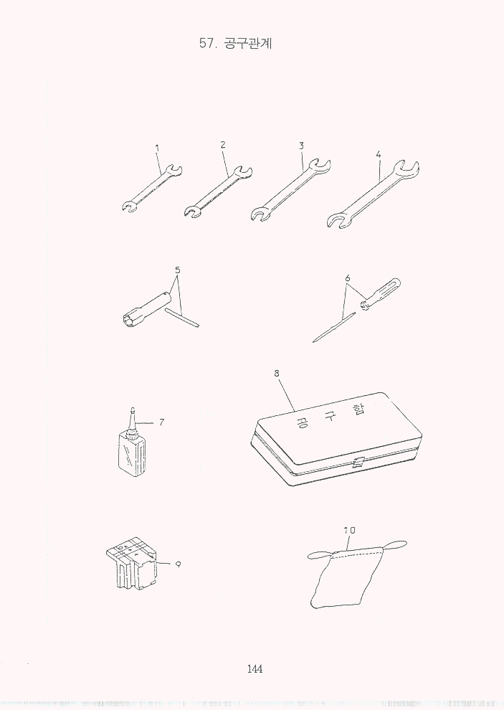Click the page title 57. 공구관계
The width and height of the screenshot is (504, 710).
(235, 44)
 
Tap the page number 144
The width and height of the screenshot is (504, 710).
(255, 668)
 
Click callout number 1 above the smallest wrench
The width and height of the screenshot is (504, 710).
(157, 147)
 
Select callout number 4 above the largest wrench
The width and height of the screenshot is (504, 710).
(378, 154)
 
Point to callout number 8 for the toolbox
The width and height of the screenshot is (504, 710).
(277, 373)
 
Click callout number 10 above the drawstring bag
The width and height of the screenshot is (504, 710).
(349, 530)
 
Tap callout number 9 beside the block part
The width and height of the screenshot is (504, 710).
(178, 564)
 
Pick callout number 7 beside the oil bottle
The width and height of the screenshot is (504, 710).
(161, 422)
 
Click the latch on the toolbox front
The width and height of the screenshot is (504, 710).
(358, 463)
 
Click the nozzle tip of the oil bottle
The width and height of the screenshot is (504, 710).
(133, 409)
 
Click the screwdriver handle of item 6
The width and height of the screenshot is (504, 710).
(381, 294)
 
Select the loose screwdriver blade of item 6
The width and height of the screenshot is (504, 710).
(333, 327)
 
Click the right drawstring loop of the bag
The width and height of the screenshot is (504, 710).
(394, 545)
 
